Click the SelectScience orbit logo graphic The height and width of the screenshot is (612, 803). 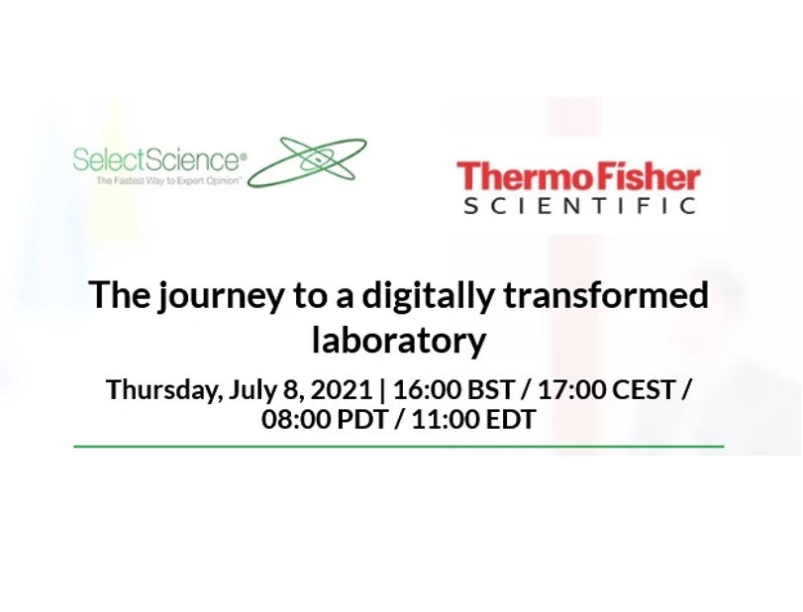(307, 161)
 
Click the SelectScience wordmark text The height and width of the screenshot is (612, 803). (156, 159)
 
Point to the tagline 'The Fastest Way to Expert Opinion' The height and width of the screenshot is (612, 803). (168, 182)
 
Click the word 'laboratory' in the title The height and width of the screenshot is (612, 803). (399, 340)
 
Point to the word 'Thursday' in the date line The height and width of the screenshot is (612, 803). (162, 389)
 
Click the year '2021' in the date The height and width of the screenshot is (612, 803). (343, 389)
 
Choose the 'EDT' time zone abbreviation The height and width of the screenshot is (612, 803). (511, 419)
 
